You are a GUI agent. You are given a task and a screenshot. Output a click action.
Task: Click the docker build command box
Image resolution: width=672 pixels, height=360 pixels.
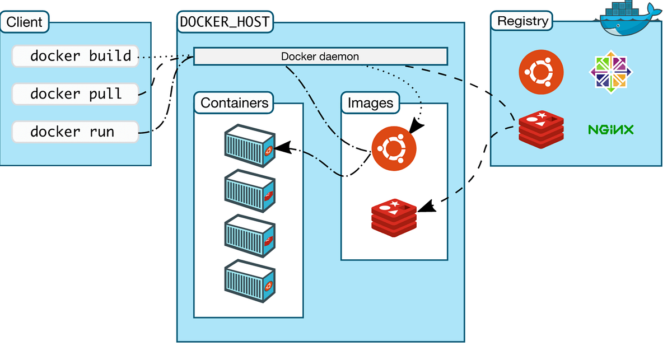pos(75,56)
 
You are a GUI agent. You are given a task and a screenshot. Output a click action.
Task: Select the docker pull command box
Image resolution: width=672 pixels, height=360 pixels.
pos(75,93)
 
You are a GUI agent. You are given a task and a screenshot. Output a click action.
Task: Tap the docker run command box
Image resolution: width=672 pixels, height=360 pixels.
pos(75,132)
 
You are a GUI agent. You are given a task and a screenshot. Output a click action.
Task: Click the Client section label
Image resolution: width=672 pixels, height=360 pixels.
pos(25,22)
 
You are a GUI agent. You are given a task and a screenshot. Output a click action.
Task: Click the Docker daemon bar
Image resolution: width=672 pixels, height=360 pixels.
pos(320,57)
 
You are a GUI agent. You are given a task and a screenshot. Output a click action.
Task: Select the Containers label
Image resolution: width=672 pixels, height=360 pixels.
pos(234,103)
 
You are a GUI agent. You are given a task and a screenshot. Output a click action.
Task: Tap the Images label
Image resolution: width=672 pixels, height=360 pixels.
pos(370,103)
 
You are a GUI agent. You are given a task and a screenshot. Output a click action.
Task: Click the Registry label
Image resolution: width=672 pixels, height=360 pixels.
pos(522,22)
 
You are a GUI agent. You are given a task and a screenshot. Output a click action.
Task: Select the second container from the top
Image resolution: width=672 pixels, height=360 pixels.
pos(249,192)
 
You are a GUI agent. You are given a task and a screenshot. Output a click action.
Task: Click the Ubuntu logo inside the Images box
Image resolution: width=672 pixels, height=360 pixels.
pos(394,148)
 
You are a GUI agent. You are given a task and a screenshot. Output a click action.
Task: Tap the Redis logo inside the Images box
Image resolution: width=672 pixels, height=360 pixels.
pos(394,217)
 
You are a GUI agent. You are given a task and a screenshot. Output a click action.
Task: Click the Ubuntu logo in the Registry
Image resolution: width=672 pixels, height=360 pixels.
pos(540,72)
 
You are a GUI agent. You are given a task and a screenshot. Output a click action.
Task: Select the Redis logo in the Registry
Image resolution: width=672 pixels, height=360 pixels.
pos(540,130)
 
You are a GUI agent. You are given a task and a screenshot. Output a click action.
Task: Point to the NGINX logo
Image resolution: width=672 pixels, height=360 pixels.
pos(610,130)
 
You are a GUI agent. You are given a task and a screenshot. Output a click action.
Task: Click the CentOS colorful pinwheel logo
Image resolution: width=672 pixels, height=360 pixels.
pos(611,72)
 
